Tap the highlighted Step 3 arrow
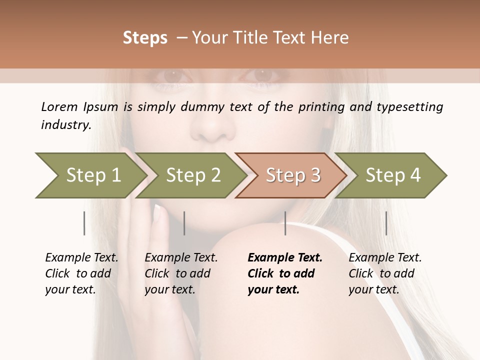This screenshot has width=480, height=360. (293, 175)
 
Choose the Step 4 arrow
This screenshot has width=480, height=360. (393, 175)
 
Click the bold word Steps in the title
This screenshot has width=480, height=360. (145, 38)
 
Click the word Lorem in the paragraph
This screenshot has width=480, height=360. (59, 106)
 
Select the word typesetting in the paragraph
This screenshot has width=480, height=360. (409, 107)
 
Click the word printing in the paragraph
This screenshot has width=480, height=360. (320, 107)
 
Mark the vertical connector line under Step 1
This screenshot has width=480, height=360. (84, 223)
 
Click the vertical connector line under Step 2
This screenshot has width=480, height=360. (184, 223)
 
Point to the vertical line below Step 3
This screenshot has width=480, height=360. (285, 223)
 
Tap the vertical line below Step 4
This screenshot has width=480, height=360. (386, 223)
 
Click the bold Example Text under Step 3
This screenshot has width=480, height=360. (285, 258)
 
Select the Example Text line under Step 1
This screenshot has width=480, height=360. (81, 258)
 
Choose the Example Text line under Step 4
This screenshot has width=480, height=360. (385, 258)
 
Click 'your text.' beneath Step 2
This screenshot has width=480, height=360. (169, 289)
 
